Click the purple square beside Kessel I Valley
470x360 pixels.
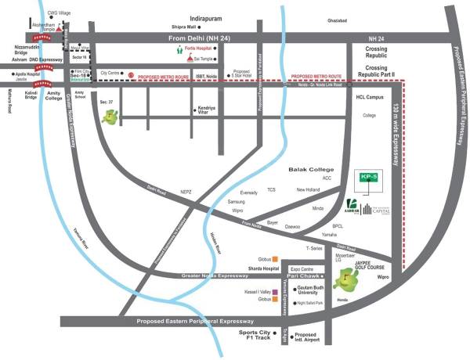[276, 291]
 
